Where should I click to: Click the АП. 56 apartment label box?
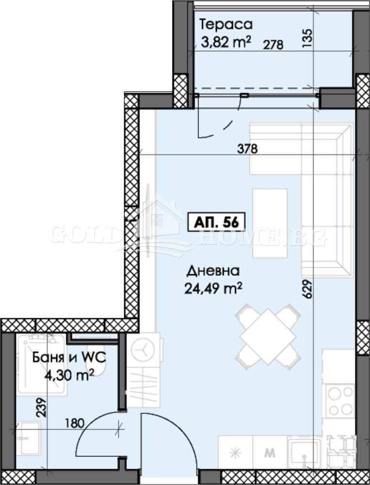217,222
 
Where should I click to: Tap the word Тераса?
226,24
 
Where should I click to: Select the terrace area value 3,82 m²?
225,42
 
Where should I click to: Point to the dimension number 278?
273,45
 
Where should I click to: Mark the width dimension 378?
247,149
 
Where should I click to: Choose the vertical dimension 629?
307,289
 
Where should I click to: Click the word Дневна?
213,271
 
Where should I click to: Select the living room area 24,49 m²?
213,289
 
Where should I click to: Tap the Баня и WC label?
69,358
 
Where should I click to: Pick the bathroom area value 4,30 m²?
69,375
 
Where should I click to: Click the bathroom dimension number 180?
75,423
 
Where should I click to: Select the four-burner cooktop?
340,401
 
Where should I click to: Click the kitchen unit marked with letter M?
270,453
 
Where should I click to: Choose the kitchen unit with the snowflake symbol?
235,453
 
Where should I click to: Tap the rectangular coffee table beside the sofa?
270,223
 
